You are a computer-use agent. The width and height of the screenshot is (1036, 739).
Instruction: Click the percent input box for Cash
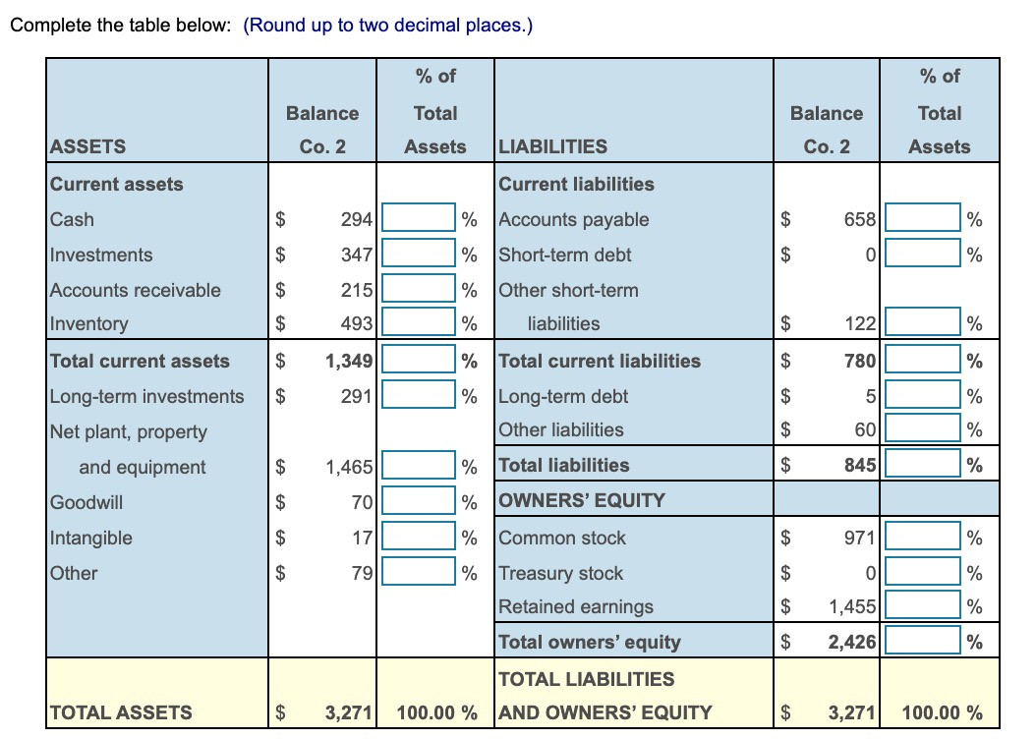click(419, 218)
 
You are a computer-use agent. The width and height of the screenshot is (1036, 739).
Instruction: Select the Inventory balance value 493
click(355, 323)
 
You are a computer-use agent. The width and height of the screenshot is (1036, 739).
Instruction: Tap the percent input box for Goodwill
click(419, 502)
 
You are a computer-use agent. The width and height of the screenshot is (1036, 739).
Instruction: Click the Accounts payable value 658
click(859, 219)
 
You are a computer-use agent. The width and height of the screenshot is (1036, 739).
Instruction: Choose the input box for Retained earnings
click(922, 606)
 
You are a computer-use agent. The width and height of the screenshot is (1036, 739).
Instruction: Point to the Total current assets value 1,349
click(349, 361)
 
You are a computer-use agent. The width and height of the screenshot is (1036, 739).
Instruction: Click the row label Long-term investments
click(146, 396)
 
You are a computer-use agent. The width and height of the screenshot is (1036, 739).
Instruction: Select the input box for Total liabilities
click(922, 465)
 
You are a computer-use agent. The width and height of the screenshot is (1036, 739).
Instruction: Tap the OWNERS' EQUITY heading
click(582, 500)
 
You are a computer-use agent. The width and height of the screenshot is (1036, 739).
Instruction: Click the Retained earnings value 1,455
click(852, 606)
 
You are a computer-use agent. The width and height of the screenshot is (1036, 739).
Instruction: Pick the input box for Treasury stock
click(922, 573)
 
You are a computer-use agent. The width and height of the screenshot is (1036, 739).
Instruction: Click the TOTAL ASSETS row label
click(120, 712)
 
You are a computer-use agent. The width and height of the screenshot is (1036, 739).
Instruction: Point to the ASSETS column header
click(87, 146)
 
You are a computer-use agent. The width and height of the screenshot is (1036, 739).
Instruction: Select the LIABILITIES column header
click(552, 146)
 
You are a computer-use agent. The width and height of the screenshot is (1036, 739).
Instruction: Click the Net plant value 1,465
click(349, 467)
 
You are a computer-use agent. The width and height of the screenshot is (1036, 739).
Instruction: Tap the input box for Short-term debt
click(922, 255)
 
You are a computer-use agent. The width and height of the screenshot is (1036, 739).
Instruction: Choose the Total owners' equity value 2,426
click(851, 642)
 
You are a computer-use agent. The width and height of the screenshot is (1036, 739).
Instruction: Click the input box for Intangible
click(419, 538)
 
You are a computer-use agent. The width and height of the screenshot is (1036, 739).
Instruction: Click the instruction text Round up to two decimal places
click(387, 26)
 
